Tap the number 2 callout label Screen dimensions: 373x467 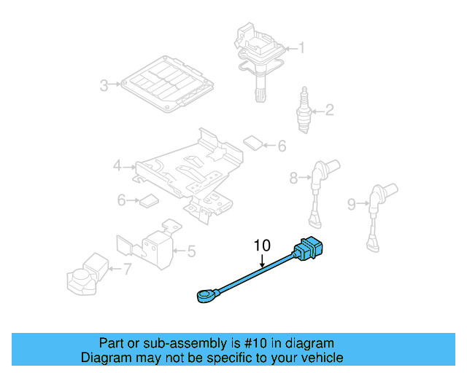pyautogui.click(x=329, y=111)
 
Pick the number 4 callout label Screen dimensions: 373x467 pyautogui.click(x=117, y=167)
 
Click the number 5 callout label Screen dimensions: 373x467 pyautogui.click(x=191, y=251)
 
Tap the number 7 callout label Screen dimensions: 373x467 pyautogui.click(x=127, y=270)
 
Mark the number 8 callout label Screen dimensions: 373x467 pyautogui.click(x=293, y=177)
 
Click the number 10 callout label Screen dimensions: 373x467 pyautogui.click(x=262, y=246)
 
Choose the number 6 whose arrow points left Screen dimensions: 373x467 pyautogui.click(x=282, y=146)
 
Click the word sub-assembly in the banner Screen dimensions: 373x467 pyautogui.click(x=170, y=343)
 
